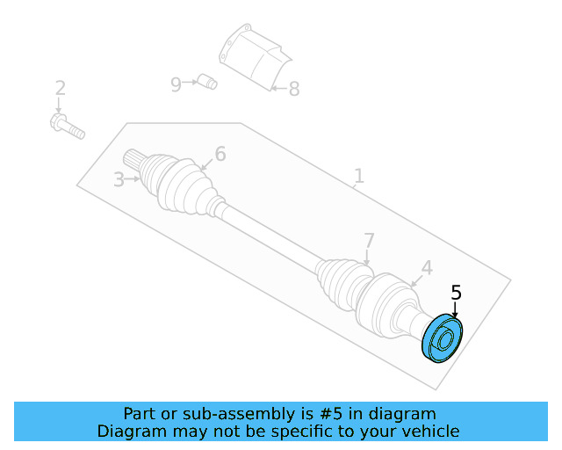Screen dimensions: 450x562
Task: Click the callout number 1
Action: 358,176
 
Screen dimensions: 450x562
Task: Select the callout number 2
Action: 60,88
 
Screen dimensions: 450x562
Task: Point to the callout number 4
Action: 427,267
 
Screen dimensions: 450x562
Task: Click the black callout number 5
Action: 456,292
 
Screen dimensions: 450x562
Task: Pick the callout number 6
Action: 220,155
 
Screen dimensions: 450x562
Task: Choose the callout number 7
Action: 369,240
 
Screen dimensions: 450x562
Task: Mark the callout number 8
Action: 293,89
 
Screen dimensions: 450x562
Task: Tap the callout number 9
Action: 176,84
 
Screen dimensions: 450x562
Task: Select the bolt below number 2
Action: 67,126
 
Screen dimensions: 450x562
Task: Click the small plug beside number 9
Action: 207,83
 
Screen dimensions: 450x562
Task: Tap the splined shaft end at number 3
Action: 136,161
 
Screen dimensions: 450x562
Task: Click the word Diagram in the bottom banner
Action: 126,432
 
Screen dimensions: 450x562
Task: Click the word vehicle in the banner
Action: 430,432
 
